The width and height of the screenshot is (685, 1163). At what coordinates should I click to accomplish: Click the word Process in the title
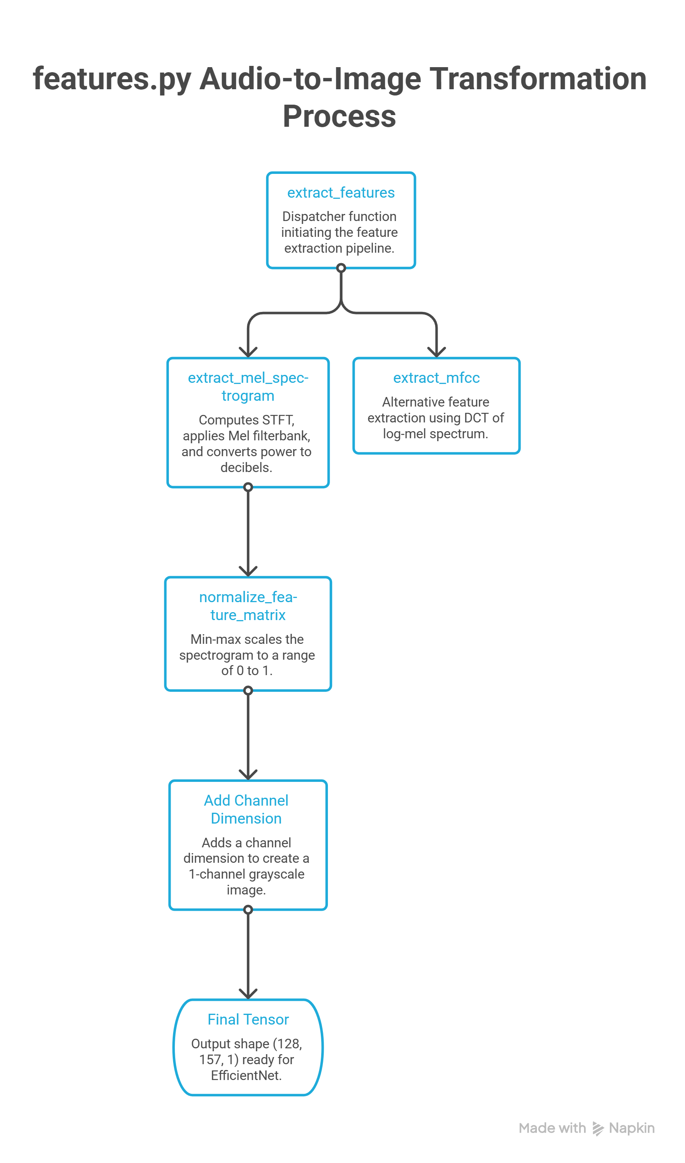click(339, 116)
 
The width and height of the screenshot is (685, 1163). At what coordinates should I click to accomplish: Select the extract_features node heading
click(341, 193)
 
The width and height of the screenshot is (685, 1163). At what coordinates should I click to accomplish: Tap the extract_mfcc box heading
click(436, 377)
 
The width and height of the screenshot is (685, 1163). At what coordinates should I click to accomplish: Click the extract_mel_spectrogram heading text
click(248, 387)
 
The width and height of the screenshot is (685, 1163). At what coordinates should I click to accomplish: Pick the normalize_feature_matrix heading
click(248, 606)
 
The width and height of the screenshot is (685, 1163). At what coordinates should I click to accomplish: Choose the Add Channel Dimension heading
click(246, 809)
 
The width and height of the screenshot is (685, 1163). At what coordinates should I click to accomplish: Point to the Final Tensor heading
click(248, 1020)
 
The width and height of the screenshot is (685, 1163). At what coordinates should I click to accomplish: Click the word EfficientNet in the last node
click(246, 1075)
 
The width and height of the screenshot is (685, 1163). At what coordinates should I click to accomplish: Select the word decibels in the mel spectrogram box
click(246, 467)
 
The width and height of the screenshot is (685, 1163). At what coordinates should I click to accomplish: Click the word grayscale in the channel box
click(277, 874)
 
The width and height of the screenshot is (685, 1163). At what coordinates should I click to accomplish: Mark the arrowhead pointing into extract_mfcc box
click(436, 352)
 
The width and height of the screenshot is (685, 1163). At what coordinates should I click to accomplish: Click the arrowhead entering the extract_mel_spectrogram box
click(248, 352)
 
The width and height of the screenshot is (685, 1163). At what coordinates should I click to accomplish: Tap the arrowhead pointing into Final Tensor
click(248, 994)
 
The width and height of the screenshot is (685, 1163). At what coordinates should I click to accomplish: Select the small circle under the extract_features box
click(341, 268)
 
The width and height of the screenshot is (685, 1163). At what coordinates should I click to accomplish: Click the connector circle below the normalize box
click(248, 691)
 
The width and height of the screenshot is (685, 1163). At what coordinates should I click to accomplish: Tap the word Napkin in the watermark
click(632, 1128)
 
